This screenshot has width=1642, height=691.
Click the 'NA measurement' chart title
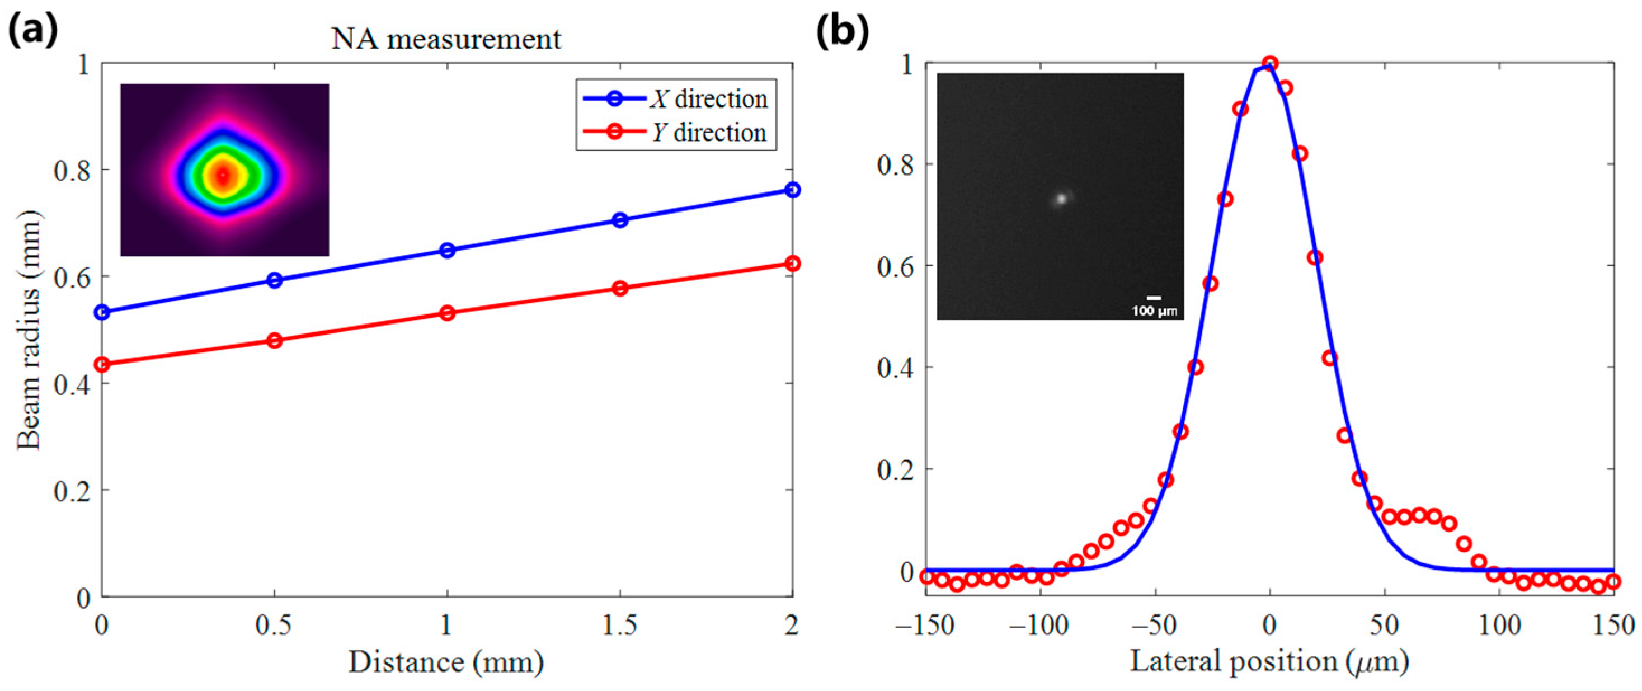(446, 40)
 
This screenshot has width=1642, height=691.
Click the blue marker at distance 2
(792, 190)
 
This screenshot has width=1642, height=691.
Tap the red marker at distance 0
(102, 365)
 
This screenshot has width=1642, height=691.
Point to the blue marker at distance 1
(448, 251)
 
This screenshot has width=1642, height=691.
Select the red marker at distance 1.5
(619, 288)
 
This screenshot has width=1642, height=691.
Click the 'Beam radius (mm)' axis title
(29, 330)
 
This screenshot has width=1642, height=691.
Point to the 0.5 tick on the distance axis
(274, 626)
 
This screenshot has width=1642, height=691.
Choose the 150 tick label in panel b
(1613, 626)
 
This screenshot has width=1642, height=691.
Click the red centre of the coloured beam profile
(223, 175)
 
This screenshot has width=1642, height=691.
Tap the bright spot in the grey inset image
(1061, 199)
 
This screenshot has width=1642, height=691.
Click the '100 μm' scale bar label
(1154, 311)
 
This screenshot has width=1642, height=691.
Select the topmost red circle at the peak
(1270, 63)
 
